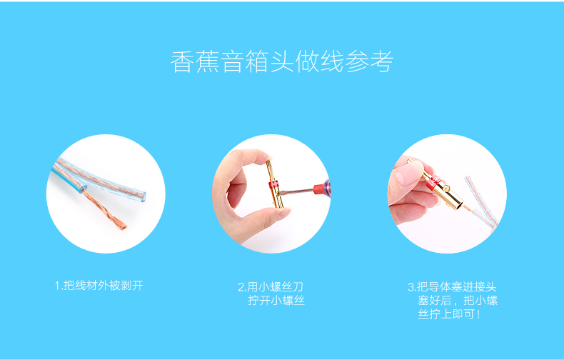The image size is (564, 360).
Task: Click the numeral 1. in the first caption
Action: [x=58, y=286]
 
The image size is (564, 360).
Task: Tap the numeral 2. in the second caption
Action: [x=242, y=287]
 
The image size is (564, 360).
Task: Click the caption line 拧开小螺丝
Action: [x=276, y=301]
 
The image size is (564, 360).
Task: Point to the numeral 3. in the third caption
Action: [x=411, y=287]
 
